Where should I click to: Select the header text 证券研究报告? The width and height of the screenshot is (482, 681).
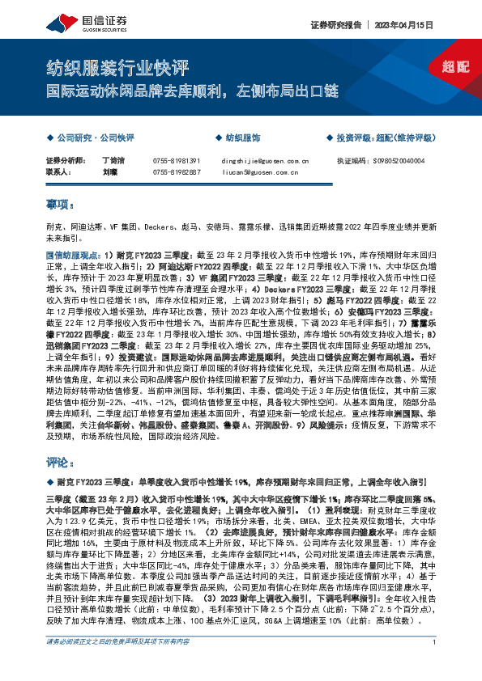[333, 24]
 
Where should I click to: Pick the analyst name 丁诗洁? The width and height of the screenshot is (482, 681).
[113, 161]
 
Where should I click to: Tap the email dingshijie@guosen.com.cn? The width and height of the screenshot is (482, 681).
[265, 161]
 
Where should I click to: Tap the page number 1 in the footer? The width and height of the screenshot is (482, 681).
[436, 665]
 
